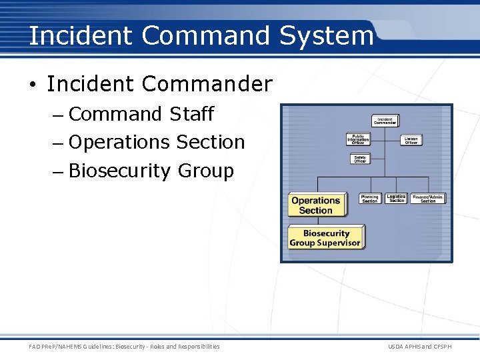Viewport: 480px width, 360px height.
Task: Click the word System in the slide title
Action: pyautogui.click(x=326, y=35)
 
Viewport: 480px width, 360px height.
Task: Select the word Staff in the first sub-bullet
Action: pyautogui.click(x=191, y=115)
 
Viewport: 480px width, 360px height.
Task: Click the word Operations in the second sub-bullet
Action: pyautogui.click(x=119, y=143)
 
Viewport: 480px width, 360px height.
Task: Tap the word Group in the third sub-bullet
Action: pyautogui.click(x=206, y=171)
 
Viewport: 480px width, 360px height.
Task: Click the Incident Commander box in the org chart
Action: pyautogui.click(x=385, y=121)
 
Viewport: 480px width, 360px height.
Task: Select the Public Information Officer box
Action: pyautogui.click(x=357, y=139)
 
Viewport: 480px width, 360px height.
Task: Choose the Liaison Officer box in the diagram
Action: pyautogui.click(x=411, y=140)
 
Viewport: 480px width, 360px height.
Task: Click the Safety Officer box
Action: pyautogui.click(x=359, y=159)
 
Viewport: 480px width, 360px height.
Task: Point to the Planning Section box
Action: pyautogui.click(x=369, y=199)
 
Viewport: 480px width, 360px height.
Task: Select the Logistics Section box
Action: pyautogui.click(x=396, y=199)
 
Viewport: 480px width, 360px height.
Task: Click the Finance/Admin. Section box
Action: pyautogui.click(x=427, y=199)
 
